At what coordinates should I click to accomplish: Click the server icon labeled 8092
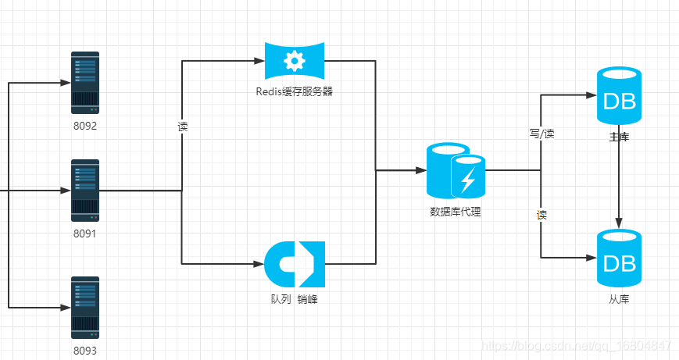[x=85, y=82]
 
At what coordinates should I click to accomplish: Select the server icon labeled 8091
[x=85, y=191]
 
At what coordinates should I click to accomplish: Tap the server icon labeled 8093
[x=85, y=307]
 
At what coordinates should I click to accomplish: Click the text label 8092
[x=85, y=126]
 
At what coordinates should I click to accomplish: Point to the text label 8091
[x=85, y=233]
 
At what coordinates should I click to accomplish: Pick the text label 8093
[x=85, y=351]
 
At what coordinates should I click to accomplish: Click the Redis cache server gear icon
[x=295, y=60]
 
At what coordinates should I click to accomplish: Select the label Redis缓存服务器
[x=295, y=91]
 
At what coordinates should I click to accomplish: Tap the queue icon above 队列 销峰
[x=295, y=264]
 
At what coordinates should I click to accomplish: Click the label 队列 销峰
[x=295, y=300]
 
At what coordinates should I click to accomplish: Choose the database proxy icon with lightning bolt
[x=456, y=170]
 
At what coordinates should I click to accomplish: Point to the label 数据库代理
[x=456, y=211]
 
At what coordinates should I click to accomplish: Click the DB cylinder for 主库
[x=620, y=97]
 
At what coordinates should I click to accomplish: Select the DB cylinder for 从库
[x=620, y=258]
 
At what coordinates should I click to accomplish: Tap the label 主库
[x=620, y=137]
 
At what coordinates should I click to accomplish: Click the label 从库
[x=620, y=299]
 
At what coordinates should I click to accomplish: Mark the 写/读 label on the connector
[x=541, y=134]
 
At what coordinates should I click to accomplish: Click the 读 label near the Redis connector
[x=183, y=126]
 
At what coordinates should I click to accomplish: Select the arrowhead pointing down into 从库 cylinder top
[x=620, y=222]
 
